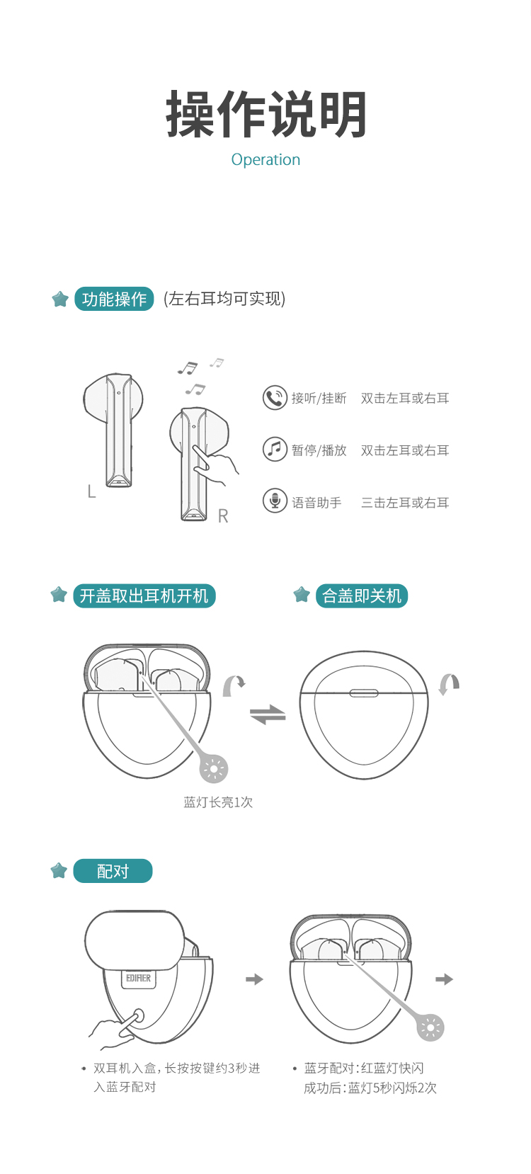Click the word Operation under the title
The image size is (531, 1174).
click(265, 160)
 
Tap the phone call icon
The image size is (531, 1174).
click(275, 398)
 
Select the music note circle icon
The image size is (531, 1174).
click(275, 449)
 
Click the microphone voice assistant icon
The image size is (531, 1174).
click(275, 501)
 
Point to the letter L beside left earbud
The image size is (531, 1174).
click(92, 491)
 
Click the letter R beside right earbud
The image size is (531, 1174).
click(223, 516)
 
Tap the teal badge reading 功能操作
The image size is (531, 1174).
click(114, 299)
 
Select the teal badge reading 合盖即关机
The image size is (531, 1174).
click(362, 596)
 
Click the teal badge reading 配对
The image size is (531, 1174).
click(113, 871)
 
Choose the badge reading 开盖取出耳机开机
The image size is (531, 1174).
click(144, 596)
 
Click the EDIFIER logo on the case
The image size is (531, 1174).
click(138, 978)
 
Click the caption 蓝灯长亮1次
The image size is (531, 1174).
click(218, 802)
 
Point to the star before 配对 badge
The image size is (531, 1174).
click(59, 870)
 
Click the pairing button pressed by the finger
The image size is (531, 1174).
click(138, 1016)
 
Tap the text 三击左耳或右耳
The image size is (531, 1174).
click(405, 503)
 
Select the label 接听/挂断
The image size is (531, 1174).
click(319, 399)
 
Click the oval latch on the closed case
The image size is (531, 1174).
click(364, 693)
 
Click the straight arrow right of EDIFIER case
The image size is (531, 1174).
click(255, 979)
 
